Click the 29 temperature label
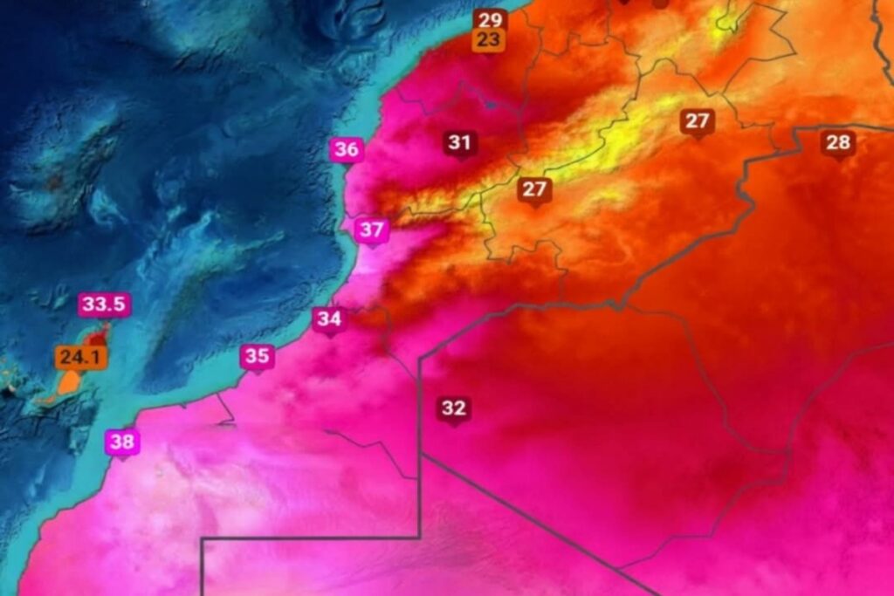490,19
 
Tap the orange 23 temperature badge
490,39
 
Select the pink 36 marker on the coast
347,149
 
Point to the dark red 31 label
460,142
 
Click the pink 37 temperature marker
372,230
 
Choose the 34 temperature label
329,319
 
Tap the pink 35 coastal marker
258,356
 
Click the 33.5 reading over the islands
105,305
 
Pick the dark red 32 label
454,408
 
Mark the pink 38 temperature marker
122,442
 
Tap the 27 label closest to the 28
697,121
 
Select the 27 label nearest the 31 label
534,188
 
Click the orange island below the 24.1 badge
68,384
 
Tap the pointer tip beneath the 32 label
454,425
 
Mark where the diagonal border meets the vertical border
421,455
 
